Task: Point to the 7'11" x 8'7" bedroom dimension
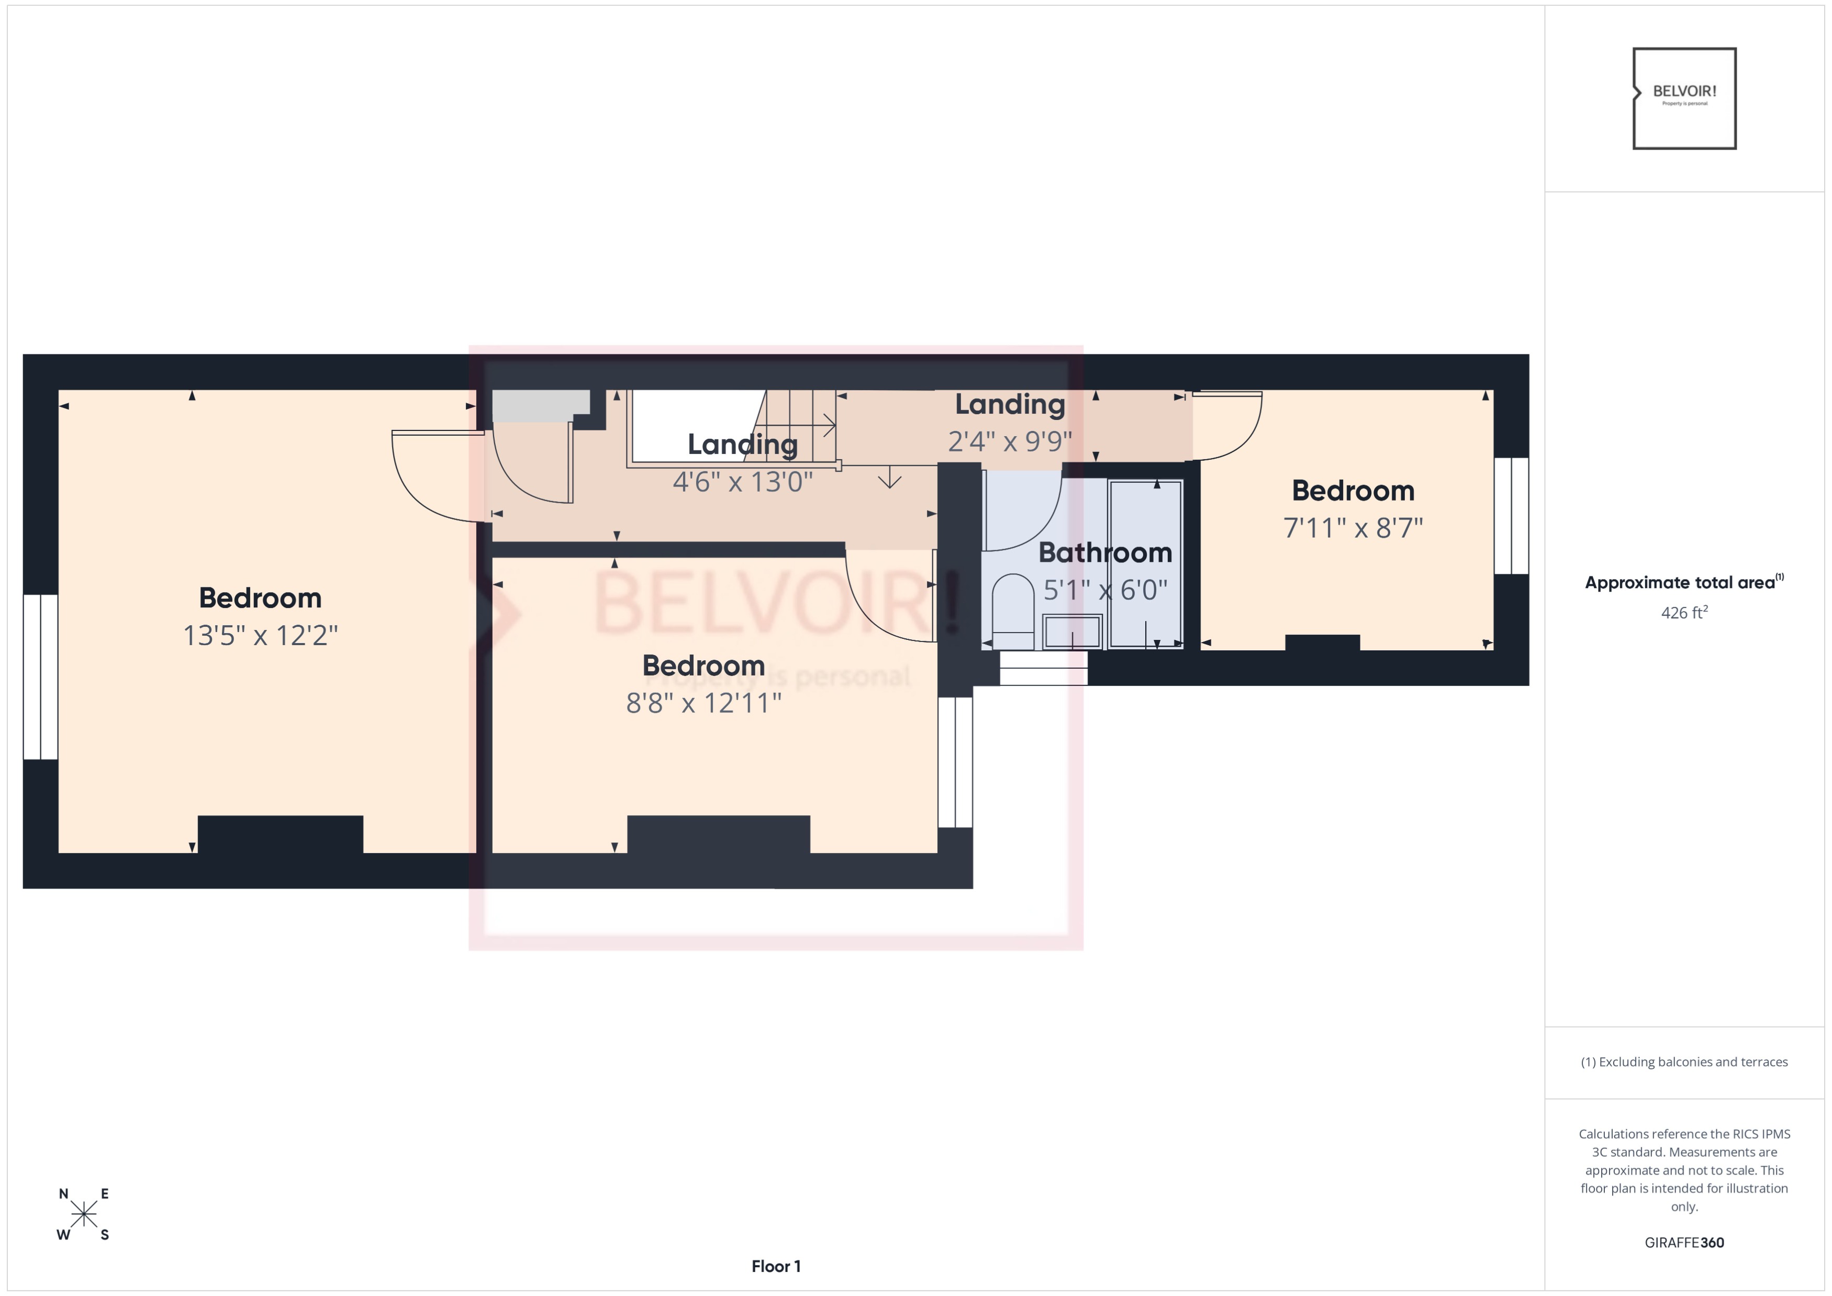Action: (x=1353, y=527)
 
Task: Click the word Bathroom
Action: (x=1104, y=552)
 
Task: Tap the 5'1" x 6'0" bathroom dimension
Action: (x=1104, y=590)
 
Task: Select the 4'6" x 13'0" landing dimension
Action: (x=742, y=482)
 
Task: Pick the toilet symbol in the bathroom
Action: (x=1012, y=611)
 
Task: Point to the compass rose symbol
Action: (x=84, y=1214)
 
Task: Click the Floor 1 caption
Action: (x=776, y=1266)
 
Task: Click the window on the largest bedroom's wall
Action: (x=40, y=677)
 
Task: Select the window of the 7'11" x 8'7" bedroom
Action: (x=1511, y=516)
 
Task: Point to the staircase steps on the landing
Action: (x=798, y=425)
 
